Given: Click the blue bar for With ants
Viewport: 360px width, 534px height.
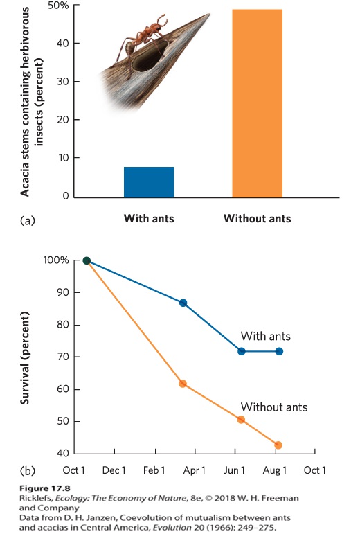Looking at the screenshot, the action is [149, 182].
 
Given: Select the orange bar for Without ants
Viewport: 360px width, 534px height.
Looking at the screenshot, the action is [258, 103].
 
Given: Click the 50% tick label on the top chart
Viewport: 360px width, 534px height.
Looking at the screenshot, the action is [58, 6].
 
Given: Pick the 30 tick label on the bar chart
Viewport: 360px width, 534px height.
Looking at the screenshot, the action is [63, 82].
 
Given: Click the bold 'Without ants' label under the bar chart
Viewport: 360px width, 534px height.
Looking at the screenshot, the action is [258, 218].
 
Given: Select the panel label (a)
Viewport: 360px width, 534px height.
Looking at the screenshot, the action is [28, 220].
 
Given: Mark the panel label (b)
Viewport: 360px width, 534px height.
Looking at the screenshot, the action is [28, 471].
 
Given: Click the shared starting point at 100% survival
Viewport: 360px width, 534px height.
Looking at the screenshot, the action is [87, 261].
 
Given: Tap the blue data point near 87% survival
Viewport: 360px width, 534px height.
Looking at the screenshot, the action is [183, 303].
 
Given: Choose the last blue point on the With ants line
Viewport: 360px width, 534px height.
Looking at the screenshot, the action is [279, 351].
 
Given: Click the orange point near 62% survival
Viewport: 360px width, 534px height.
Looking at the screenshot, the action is [183, 384].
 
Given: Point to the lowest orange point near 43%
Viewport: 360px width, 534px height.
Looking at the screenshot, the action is [278, 445].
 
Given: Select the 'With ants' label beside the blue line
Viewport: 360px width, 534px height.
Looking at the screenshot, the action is [265, 337].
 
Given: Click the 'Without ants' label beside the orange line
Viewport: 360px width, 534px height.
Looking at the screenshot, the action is [274, 407].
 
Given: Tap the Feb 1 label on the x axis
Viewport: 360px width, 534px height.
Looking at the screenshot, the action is [154, 471].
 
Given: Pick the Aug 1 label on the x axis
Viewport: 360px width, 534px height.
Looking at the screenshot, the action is [275, 471].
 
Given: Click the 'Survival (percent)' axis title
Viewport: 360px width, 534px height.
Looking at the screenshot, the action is [24, 358].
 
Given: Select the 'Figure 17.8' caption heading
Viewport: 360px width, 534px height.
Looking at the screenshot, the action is [44, 488].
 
